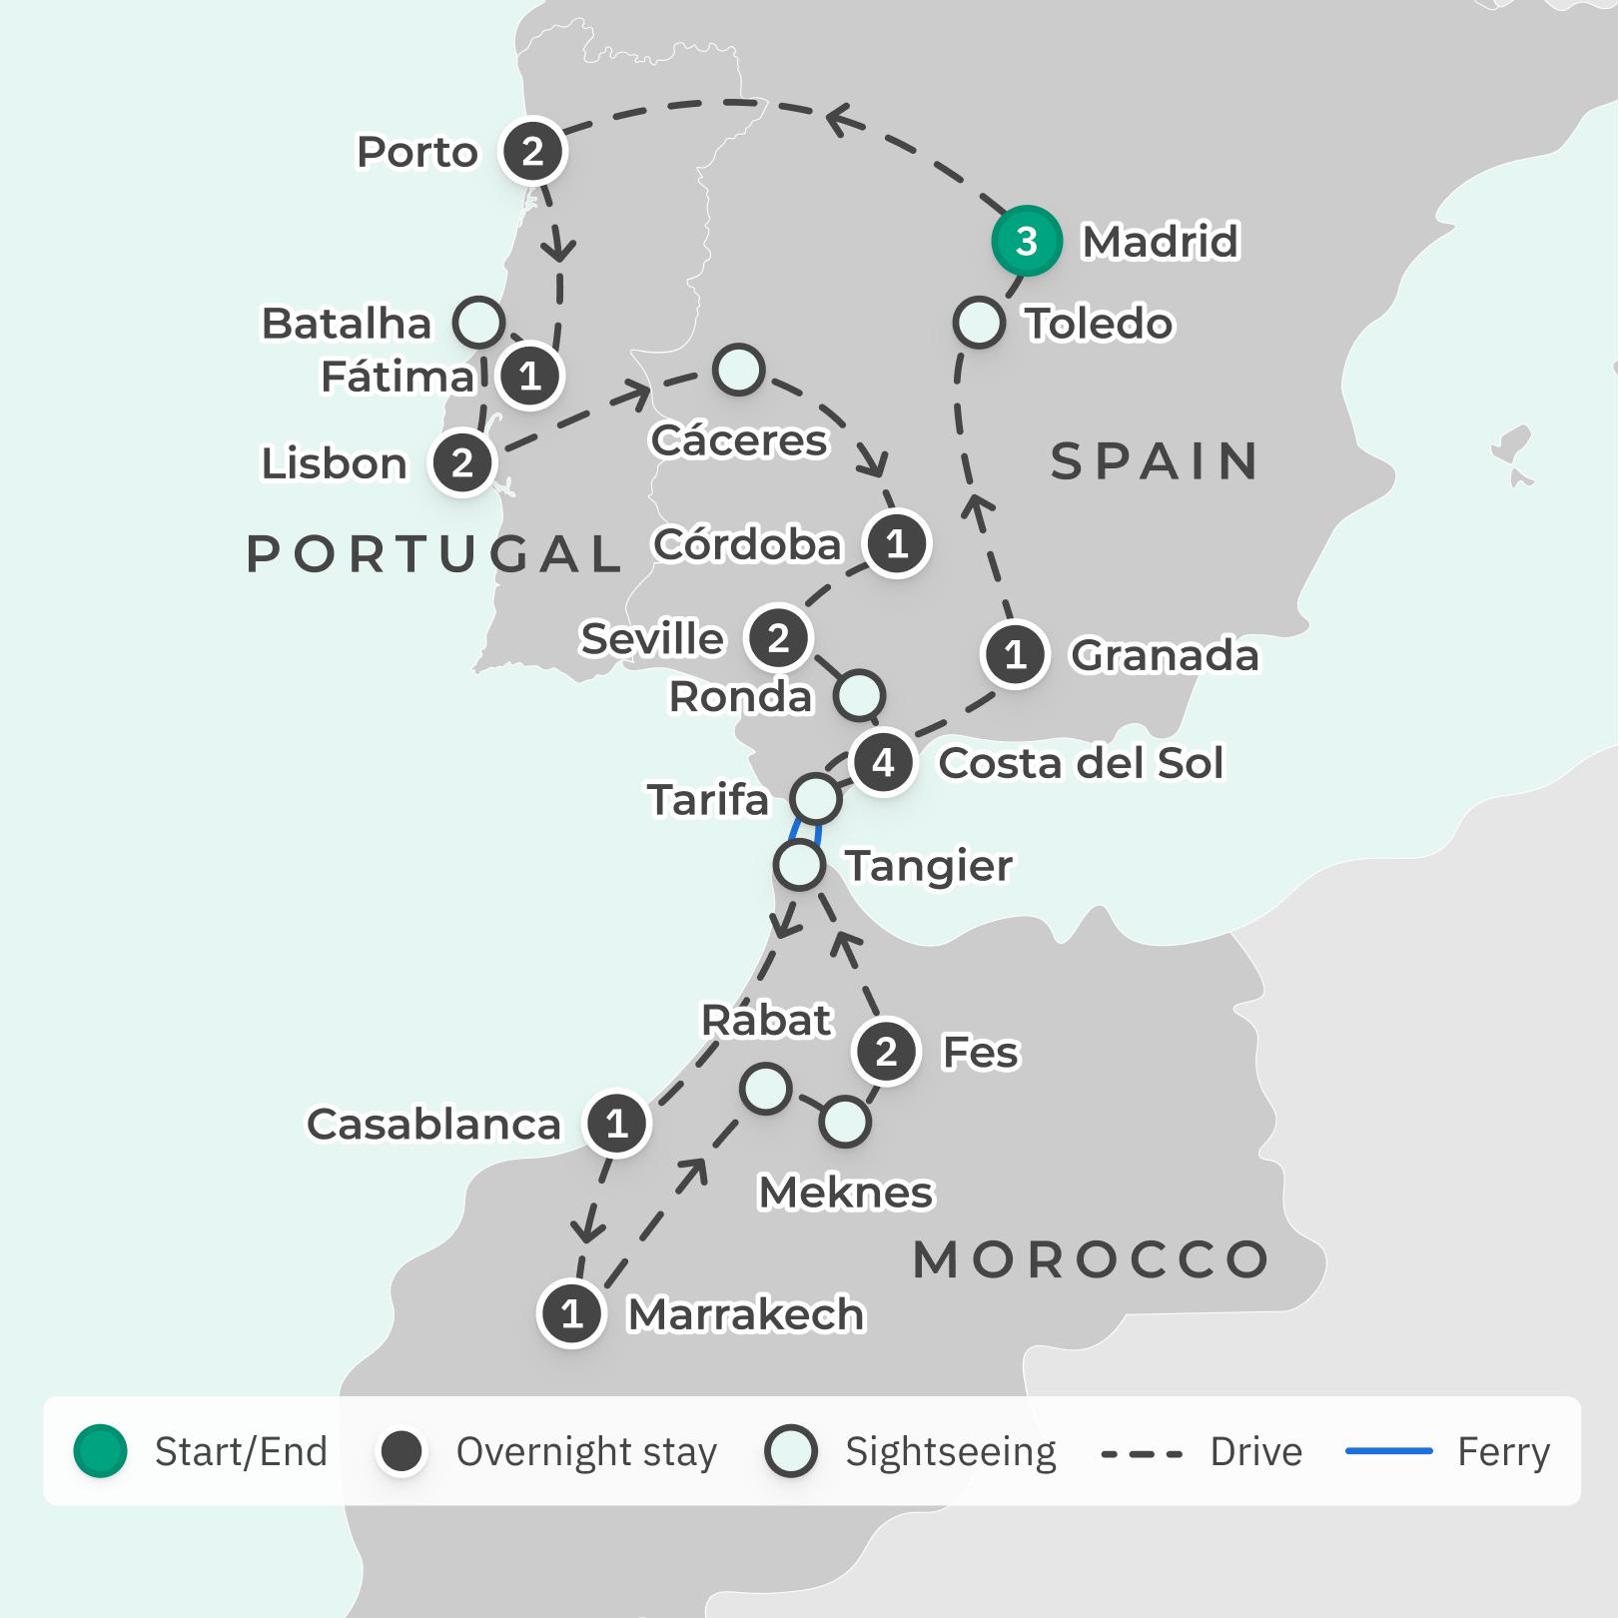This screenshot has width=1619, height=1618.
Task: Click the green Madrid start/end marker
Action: (x=1026, y=241)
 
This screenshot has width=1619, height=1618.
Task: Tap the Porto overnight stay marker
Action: (x=532, y=152)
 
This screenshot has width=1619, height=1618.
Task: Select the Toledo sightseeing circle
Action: (x=979, y=323)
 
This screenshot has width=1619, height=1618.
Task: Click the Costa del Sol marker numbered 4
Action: (x=883, y=763)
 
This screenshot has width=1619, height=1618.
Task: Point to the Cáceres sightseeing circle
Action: (x=738, y=371)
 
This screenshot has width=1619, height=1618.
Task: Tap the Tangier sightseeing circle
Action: (x=799, y=865)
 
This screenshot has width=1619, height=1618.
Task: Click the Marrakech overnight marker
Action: (x=571, y=1313)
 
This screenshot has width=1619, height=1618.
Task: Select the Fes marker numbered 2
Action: (x=886, y=1052)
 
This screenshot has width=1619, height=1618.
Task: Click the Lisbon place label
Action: (x=335, y=463)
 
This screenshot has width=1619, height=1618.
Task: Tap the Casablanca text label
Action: (x=433, y=1125)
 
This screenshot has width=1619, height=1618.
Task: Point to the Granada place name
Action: (x=1165, y=655)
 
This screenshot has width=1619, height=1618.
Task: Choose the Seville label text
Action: (x=652, y=638)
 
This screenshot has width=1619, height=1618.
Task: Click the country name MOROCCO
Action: (x=1091, y=1259)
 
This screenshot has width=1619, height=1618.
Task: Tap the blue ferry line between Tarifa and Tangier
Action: (x=806, y=831)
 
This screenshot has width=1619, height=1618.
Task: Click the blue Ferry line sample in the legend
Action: (x=1388, y=1451)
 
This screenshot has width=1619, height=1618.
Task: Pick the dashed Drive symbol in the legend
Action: (x=1142, y=1453)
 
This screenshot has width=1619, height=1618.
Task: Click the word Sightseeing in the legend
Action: (x=950, y=1452)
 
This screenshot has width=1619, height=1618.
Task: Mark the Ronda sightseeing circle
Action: (x=859, y=695)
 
